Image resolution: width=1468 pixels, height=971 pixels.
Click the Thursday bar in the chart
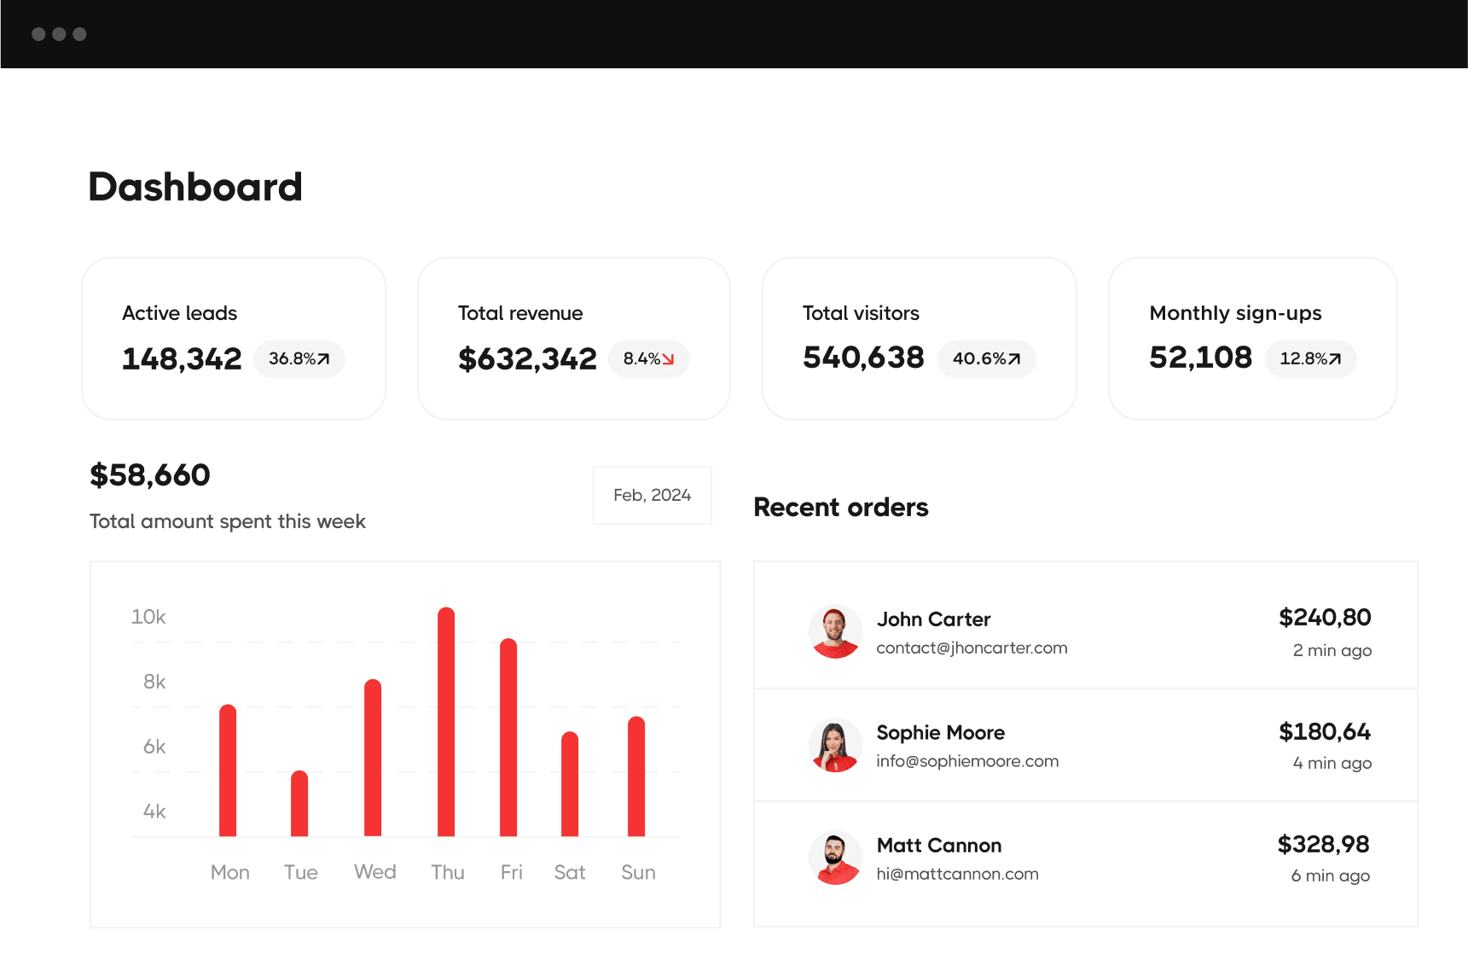[x=446, y=722]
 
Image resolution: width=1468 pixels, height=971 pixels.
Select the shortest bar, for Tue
[x=299, y=804]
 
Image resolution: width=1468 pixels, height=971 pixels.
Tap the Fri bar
[x=508, y=737]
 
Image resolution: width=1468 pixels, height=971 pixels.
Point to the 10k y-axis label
[x=148, y=617]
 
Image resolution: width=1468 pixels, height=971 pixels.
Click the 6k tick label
[x=154, y=747]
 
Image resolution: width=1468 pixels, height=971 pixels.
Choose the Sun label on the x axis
[x=638, y=872]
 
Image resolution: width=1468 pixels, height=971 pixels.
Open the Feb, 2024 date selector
[x=652, y=496]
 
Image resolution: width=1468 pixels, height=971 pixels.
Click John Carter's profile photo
[x=835, y=631]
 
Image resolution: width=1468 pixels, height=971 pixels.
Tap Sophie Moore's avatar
[x=835, y=745]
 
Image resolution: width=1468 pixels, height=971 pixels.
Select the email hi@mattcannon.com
[x=957, y=874]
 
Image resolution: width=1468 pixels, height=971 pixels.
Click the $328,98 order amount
[x=1323, y=844]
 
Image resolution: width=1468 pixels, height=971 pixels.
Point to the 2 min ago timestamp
[x=1332, y=650]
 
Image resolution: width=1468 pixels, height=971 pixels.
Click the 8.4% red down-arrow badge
[x=648, y=359]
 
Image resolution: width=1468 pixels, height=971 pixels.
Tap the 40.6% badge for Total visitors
[x=986, y=359]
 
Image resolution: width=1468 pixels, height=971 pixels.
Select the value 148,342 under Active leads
[x=182, y=359]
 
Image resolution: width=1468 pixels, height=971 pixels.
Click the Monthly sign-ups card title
[x=1235, y=313]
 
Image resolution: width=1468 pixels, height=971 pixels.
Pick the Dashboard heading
[x=195, y=187]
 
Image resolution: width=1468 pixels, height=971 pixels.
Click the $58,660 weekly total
[x=150, y=475]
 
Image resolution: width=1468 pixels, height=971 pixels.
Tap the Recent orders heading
[x=841, y=508]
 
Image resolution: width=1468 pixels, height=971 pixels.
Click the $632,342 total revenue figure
[x=527, y=359]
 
